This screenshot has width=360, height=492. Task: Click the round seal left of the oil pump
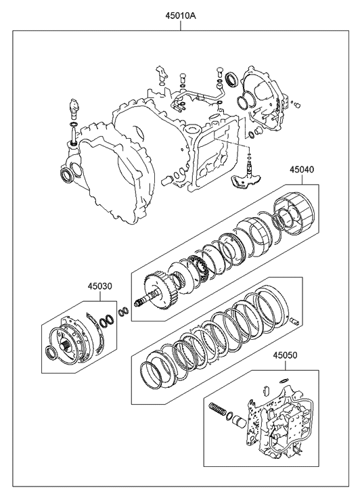pos(50,353)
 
